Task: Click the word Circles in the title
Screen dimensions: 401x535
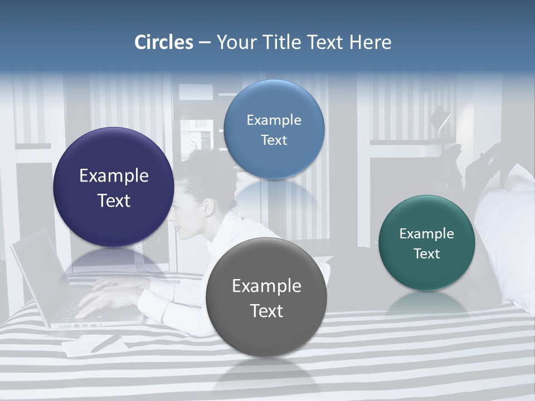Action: coord(163,42)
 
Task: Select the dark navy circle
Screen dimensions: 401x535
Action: coord(114,187)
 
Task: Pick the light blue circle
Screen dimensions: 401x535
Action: coord(274,129)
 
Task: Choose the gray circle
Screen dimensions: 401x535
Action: coord(266,297)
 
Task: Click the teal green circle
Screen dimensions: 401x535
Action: coord(427,243)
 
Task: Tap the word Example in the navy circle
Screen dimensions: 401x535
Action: coord(114,176)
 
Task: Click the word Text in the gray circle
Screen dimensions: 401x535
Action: coord(266,311)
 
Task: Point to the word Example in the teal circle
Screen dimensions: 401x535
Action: coord(427,234)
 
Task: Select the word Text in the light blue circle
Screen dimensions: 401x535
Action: coord(274,140)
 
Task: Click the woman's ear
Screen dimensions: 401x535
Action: coord(208,207)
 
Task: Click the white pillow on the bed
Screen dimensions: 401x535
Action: coord(510,223)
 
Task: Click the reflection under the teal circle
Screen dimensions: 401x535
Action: coord(427,304)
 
